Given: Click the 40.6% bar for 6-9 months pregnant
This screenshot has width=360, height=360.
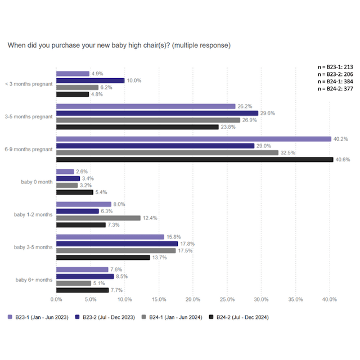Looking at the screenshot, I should tap(195, 159).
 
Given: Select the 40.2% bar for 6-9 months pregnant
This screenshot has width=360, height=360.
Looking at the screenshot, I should tap(194, 139).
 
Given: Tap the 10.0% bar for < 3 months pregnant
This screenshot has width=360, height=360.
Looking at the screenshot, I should tap(90, 80).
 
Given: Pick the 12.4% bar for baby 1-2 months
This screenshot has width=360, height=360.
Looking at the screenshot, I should tap(98, 218).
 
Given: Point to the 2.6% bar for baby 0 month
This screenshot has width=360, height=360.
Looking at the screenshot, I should tap(65, 172).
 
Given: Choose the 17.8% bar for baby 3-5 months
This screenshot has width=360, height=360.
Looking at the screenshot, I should tap(117, 244).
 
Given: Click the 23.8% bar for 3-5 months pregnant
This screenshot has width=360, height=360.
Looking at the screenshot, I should tap(137, 127).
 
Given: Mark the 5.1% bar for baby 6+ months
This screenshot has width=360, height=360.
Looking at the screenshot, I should tap(74, 283).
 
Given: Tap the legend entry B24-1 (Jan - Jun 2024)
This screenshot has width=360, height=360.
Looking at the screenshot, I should tap(172, 317).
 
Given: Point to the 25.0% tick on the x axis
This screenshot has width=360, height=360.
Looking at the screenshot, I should tap(227, 299).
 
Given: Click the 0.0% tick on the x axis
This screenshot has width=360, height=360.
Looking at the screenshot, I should tap(56, 299).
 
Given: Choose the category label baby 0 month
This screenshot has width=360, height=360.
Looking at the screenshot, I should tap(33, 182).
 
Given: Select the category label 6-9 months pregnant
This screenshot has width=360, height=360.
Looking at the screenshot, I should tap(29, 149).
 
